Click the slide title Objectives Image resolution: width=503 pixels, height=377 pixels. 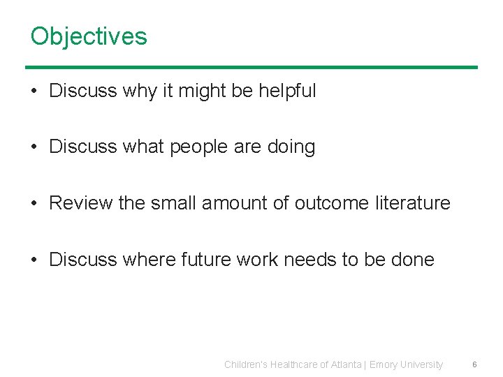[x=89, y=36]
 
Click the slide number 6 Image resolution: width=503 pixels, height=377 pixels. [x=474, y=364]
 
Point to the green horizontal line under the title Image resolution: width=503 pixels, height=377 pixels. [x=251, y=67]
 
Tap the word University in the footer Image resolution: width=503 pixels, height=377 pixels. [x=422, y=364]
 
